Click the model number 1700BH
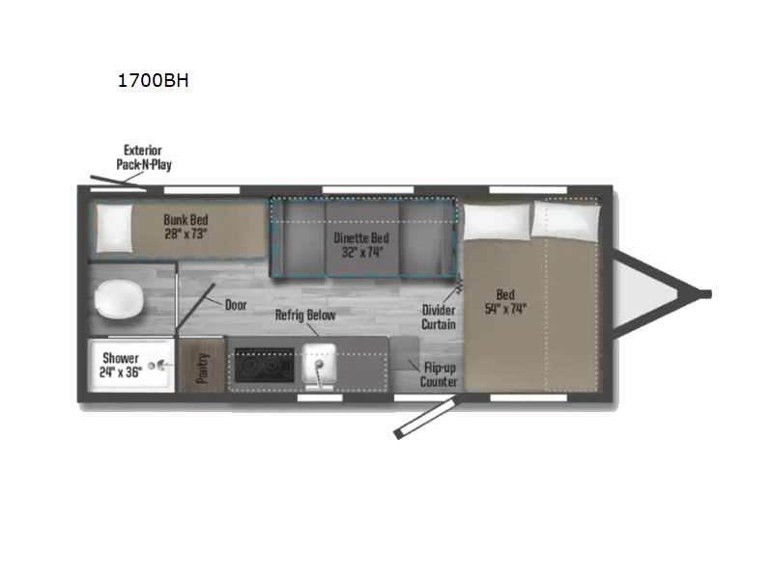(x=153, y=81)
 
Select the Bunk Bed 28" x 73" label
(x=186, y=227)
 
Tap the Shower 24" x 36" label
(x=122, y=365)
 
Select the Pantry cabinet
(x=203, y=367)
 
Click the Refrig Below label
(x=304, y=315)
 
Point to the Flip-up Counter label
(x=438, y=374)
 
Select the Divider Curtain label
(x=439, y=317)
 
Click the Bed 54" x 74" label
(x=507, y=302)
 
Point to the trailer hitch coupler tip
(x=705, y=293)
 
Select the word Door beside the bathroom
(x=236, y=303)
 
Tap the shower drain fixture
(x=160, y=366)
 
